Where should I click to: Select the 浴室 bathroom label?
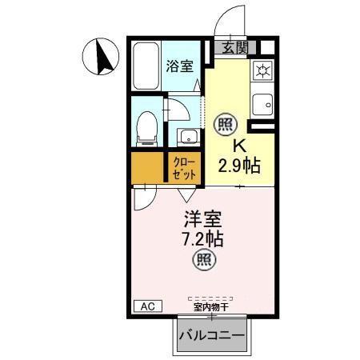(179, 67)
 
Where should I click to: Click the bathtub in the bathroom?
(146, 67)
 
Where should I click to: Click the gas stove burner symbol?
(262, 70)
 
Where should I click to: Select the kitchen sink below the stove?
(262, 103)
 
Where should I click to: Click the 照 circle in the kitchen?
(226, 124)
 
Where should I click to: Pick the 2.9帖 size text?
(238, 166)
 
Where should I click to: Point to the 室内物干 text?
(210, 306)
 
